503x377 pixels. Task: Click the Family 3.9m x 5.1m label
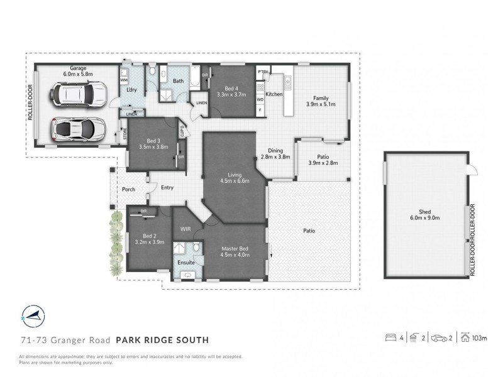[321, 101]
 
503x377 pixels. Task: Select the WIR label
[186, 230]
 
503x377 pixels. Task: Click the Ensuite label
[186, 262]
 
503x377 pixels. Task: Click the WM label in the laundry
[124, 80]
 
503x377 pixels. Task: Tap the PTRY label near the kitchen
[263, 72]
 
